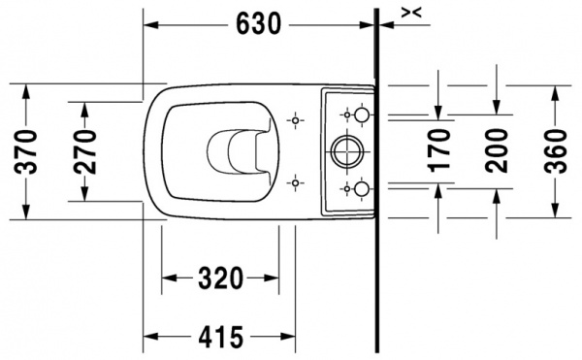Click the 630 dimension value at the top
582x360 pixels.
coord(260,23)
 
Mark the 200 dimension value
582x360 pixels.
coord(497,150)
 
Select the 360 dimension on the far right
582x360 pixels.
coord(555,150)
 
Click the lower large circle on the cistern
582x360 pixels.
coord(360,186)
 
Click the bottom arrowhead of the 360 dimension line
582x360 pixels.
coord(555,213)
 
